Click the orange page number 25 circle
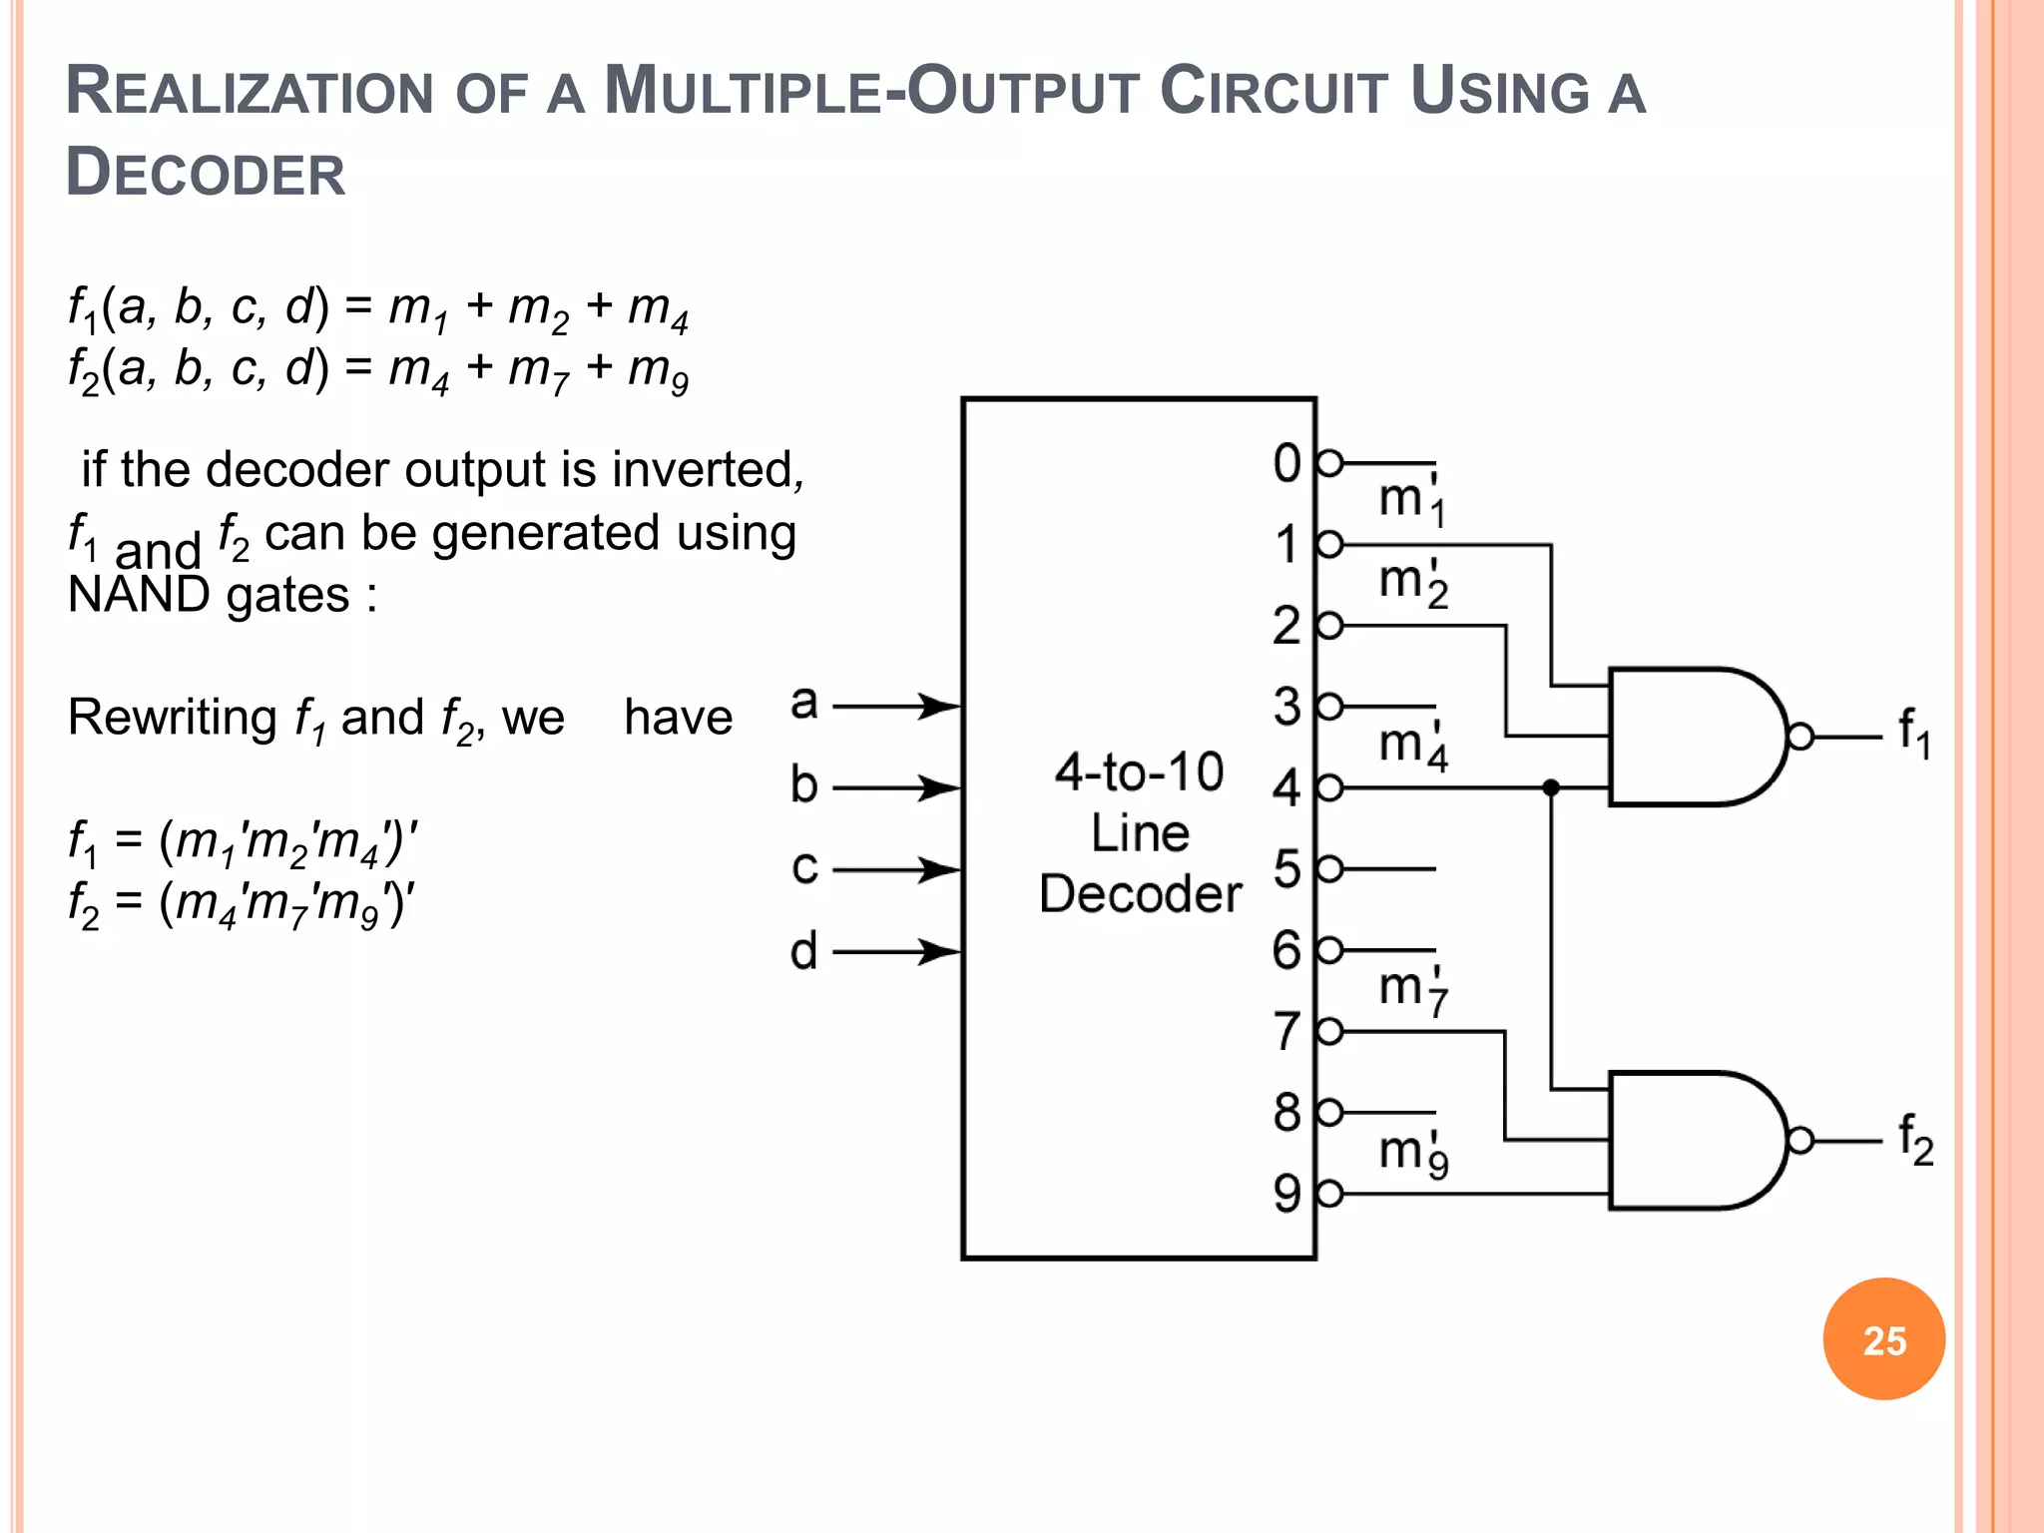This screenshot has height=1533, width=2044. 1883,1339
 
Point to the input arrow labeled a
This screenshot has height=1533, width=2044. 896,707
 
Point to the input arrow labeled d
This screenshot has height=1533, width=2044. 896,951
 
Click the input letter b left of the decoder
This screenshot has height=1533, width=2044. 804,785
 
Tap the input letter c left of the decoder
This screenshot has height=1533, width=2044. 804,867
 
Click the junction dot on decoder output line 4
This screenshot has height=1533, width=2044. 1550,787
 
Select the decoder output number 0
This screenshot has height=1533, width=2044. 1286,464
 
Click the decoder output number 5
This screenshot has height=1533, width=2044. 1286,869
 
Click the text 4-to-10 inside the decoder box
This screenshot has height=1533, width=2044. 1139,772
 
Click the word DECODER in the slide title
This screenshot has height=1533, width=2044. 206,173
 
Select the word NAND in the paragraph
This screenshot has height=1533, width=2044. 138,596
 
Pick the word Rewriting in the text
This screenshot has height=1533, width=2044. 172,718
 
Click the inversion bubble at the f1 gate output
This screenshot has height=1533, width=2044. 1800,737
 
